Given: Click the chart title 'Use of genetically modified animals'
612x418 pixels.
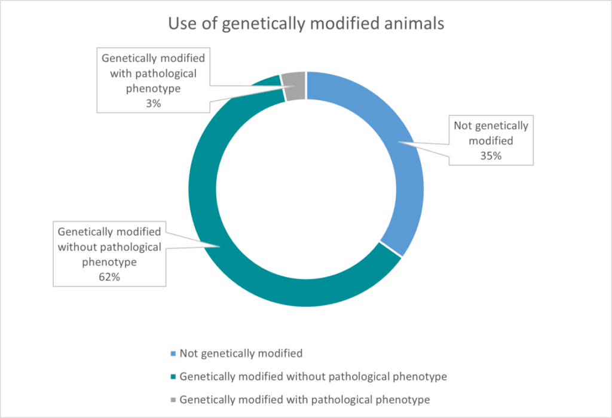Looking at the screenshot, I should (305, 24).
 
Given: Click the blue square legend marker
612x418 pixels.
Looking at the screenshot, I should (173, 354).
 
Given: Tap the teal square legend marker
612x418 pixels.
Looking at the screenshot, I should (173, 377).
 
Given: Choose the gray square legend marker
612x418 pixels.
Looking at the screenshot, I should (173, 399).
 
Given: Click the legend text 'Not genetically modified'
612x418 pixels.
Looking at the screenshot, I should (241, 353).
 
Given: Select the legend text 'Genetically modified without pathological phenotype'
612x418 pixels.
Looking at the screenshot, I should (313, 376).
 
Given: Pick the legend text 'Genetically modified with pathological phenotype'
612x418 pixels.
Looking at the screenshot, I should (304, 399).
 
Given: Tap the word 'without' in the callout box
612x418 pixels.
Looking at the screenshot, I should (75, 247).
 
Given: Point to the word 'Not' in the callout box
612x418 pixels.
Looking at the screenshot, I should (463, 125).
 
